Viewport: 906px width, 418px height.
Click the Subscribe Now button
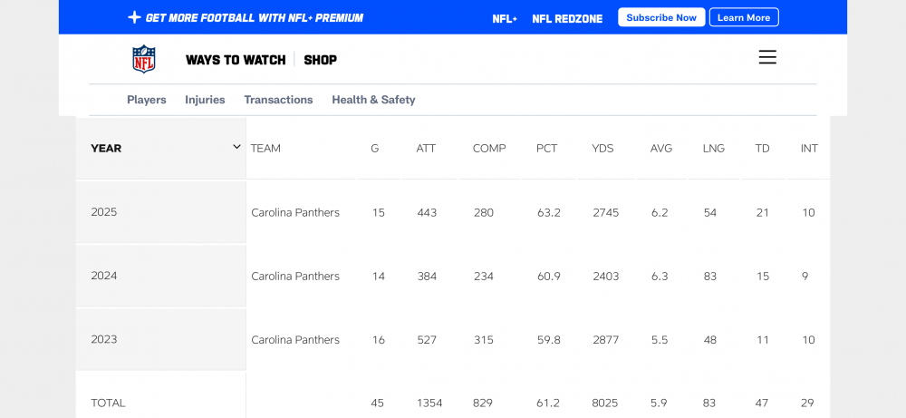point(661,17)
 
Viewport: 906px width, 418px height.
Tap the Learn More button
point(744,17)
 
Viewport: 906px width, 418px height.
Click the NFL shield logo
point(144,59)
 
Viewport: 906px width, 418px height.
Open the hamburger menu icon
point(767,57)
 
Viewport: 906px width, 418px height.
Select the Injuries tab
point(205,100)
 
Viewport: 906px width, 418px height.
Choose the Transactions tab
point(278,100)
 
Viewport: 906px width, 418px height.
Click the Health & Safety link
point(373,100)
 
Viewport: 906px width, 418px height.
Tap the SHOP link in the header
point(321,60)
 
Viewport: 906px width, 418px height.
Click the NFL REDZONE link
point(567,18)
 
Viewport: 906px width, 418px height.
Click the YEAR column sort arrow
point(236,147)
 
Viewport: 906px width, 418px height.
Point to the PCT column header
point(546,148)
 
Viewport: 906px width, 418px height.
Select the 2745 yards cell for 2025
point(605,212)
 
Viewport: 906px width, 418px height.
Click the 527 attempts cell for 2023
point(427,339)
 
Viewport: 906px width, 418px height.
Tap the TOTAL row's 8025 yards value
point(605,403)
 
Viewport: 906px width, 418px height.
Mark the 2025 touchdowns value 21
point(762,212)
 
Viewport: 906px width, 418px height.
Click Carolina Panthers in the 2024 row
point(295,276)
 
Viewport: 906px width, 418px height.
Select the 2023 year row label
point(104,339)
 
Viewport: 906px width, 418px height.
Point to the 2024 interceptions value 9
point(805,276)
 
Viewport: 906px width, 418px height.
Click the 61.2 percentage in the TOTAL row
point(548,403)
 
